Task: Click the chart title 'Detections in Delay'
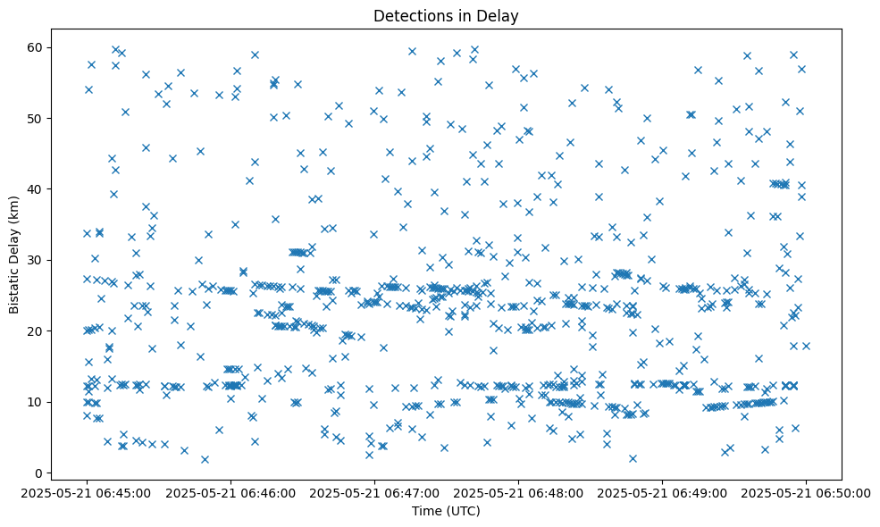[446, 16]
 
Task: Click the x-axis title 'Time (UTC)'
[446, 511]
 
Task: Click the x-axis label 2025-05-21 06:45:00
[87, 493]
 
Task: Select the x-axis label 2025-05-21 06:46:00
[230, 493]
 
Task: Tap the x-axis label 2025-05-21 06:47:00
[374, 493]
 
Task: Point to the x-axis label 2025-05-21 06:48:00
[518, 493]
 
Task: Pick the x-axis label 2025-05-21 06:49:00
[662, 493]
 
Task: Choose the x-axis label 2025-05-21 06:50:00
[806, 493]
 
